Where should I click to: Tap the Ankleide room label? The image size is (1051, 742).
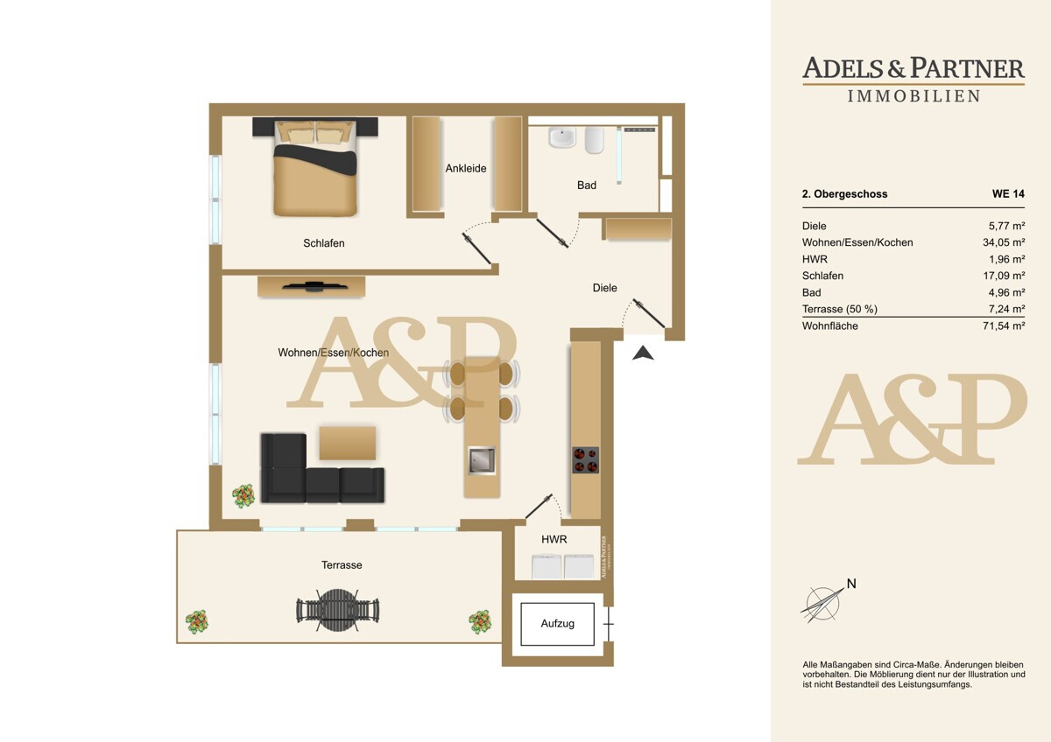pyautogui.click(x=465, y=168)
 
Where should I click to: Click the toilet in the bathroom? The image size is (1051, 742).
pyautogui.click(x=594, y=139)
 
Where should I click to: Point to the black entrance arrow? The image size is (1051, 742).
pyautogui.click(x=643, y=353)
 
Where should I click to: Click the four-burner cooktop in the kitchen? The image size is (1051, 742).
pyautogui.click(x=585, y=460)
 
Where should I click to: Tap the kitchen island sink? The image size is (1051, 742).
pyautogui.click(x=482, y=460)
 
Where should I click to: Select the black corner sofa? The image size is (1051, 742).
pyautogui.click(x=322, y=469)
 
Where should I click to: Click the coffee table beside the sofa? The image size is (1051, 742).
pyautogui.click(x=347, y=443)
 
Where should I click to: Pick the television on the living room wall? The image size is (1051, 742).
pyautogui.click(x=314, y=285)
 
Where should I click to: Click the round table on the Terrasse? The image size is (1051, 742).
pyautogui.click(x=338, y=610)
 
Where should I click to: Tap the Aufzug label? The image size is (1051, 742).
pyautogui.click(x=557, y=623)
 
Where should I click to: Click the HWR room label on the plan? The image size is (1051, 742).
pyautogui.click(x=554, y=540)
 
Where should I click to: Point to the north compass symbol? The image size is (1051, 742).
pyautogui.click(x=824, y=603)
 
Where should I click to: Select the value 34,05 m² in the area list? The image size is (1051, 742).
pyautogui.click(x=1004, y=242)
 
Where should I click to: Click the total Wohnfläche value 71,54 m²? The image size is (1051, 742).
pyautogui.click(x=1004, y=325)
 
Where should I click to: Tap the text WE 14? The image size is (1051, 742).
pyautogui.click(x=1008, y=193)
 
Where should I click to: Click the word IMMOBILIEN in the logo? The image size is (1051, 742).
pyautogui.click(x=913, y=96)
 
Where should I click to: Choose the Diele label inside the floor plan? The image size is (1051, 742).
pyautogui.click(x=605, y=288)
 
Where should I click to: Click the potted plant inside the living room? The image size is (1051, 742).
pyautogui.click(x=243, y=496)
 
